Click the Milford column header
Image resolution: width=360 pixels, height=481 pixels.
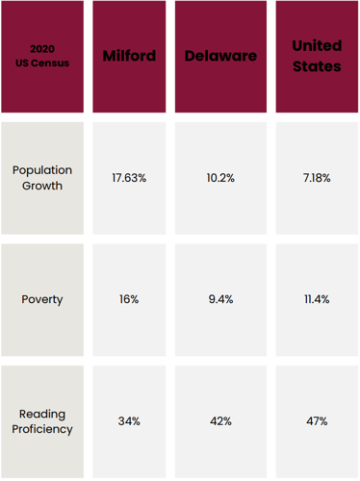[129, 56]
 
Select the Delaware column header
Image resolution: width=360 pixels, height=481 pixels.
[220, 56]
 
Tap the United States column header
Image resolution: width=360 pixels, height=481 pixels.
[317, 56]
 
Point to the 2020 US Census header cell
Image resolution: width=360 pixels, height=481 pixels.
[42, 56]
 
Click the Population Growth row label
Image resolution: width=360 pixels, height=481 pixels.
[42, 178]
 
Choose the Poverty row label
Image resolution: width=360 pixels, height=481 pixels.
[42, 299]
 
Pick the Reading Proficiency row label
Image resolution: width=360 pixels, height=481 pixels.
[42, 421]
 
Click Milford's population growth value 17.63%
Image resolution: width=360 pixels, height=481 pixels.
[129, 179]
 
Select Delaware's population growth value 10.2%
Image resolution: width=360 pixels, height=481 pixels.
[220, 179]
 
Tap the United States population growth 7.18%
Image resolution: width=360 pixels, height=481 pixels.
[317, 179]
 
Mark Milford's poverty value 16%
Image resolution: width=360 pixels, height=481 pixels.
[129, 299]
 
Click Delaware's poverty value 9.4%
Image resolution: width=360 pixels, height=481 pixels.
[220, 299]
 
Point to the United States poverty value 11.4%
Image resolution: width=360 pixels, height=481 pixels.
[317, 299]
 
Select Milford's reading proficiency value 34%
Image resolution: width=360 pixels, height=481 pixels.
[129, 421]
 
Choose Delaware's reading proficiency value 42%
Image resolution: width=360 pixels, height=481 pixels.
[220, 421]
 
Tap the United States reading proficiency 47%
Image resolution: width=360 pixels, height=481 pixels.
[317, 421]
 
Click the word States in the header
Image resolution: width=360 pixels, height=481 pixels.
[317, 66]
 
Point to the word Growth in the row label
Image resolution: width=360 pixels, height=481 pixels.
[42, 186]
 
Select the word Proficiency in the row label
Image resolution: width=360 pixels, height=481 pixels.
[42, 429]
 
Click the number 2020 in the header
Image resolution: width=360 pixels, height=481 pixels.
[42, 48]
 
